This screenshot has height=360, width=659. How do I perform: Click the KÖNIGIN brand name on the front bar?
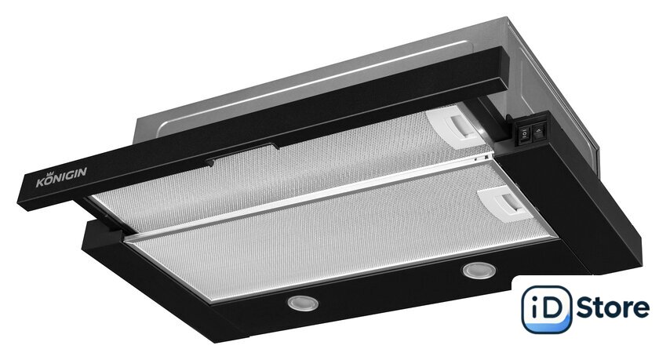pos(61,176)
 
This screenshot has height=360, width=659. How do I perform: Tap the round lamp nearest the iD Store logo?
pos(479,271)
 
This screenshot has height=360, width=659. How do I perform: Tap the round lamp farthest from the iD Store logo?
pos(303,303)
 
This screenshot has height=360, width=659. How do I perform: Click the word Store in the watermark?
pos(613,307)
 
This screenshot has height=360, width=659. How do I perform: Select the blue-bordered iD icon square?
pos(546,309)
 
